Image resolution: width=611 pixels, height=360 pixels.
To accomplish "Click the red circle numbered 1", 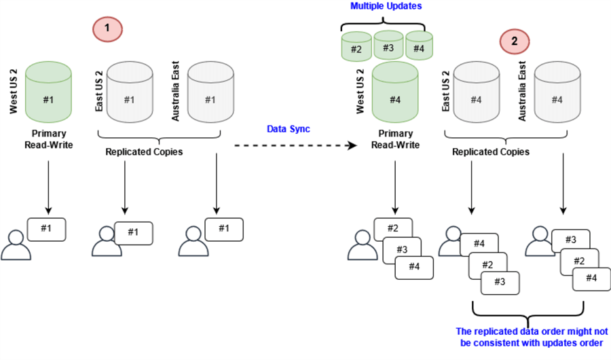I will coord(106,31).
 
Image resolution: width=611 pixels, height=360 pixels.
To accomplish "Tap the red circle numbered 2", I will coord(514,41).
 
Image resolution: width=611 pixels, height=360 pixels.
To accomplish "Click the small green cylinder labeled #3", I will coord(388,46).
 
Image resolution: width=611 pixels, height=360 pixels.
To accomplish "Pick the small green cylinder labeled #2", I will coord(356,48).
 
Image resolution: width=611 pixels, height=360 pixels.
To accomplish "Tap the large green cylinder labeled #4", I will coord(395,94).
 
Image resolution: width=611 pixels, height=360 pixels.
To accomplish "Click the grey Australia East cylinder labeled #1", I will coord(209,94).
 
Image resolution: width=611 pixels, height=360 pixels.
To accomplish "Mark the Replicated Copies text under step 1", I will coord(144,151).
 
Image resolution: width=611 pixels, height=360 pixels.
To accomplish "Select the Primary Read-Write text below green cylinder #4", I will coord(394,139).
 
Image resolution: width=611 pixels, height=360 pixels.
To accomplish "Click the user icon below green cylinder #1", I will coord(16,246).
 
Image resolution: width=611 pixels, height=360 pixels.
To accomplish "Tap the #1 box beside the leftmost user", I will coord(46,228).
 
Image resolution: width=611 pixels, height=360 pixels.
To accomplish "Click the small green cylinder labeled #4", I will coord(420,47).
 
